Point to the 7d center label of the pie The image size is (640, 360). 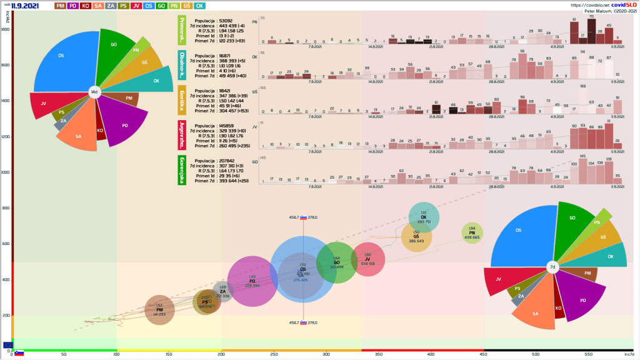click(x=552, y=267)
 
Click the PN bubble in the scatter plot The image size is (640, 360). click(x=472, y=232)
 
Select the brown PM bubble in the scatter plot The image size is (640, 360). click(x=159, y=309)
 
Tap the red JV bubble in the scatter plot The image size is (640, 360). click(x=367, y=259)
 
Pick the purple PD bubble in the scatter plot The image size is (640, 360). click(x=252, y=281)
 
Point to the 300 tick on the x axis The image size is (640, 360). click(x=326, y=354)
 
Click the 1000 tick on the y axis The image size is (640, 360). click(x=5, y=172)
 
